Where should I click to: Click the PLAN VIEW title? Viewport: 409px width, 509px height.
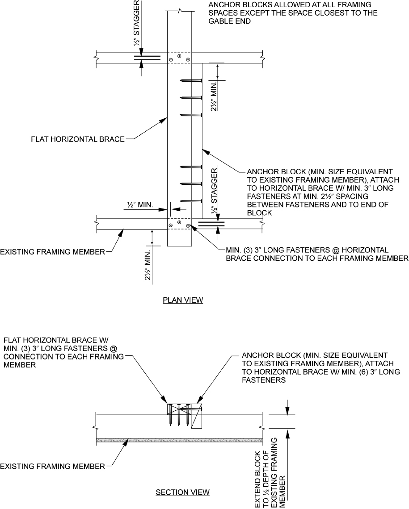(183, 300)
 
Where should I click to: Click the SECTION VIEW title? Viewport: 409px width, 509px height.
(182, 492)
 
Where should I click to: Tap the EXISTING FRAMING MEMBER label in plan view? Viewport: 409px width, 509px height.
(52, 252)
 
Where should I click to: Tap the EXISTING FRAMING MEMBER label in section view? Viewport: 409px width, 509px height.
(52, 467)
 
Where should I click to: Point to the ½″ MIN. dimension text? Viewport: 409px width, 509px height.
(140, 205)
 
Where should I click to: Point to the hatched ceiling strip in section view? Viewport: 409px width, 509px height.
(179, 440)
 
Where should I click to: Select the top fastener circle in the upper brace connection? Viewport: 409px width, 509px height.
(179, 56)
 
